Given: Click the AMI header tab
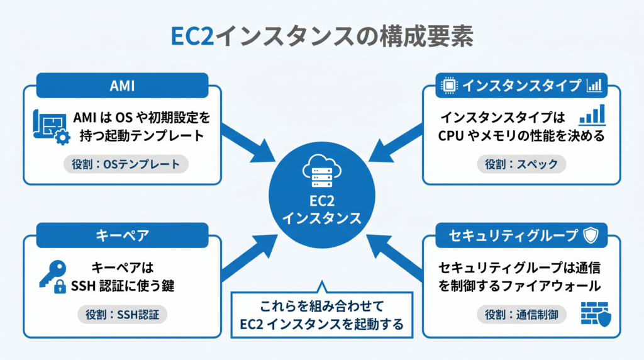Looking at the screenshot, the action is tap(123, 86).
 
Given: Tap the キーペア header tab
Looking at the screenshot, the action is tap(123, 235).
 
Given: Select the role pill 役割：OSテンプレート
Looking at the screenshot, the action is tap(126, 164).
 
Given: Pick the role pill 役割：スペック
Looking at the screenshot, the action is tap(521, 164).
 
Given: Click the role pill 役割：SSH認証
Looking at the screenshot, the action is tap(123, 315).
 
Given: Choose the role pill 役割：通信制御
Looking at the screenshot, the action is tap(521, 315).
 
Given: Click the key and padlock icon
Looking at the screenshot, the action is tap(53, 276).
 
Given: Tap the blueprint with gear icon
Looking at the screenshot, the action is tap(52, 127).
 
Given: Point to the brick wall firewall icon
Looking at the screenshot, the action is tap(596, 315).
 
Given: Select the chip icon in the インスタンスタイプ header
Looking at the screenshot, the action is tap(449, 86).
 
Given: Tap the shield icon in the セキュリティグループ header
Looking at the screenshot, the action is tap(591, 235).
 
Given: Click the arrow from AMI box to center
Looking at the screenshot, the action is tap(248, 143).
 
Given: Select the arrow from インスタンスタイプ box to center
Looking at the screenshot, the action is tap(396, 143).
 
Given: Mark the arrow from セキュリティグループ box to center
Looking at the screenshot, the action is tap(394, 257).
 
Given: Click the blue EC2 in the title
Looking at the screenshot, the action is tap(192, 36).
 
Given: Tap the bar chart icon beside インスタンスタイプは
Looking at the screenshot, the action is tap(592, 115).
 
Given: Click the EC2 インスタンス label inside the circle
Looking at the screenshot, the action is tap(322, 210).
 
